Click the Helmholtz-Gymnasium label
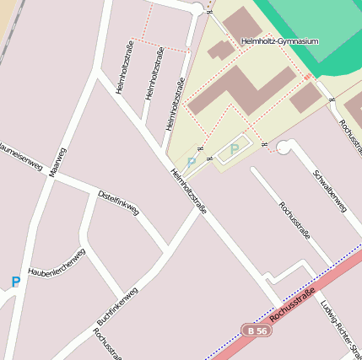coord(279,40)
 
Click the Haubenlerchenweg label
coord(57,262)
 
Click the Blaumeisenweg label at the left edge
coord(21,155)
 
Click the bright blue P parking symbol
coord(15,282)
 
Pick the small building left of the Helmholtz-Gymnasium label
coord(221,50)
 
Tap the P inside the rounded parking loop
coord(234,149)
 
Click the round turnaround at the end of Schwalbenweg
coord(284,148)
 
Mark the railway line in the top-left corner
coord(10,34)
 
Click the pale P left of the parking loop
coord(191,163)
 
